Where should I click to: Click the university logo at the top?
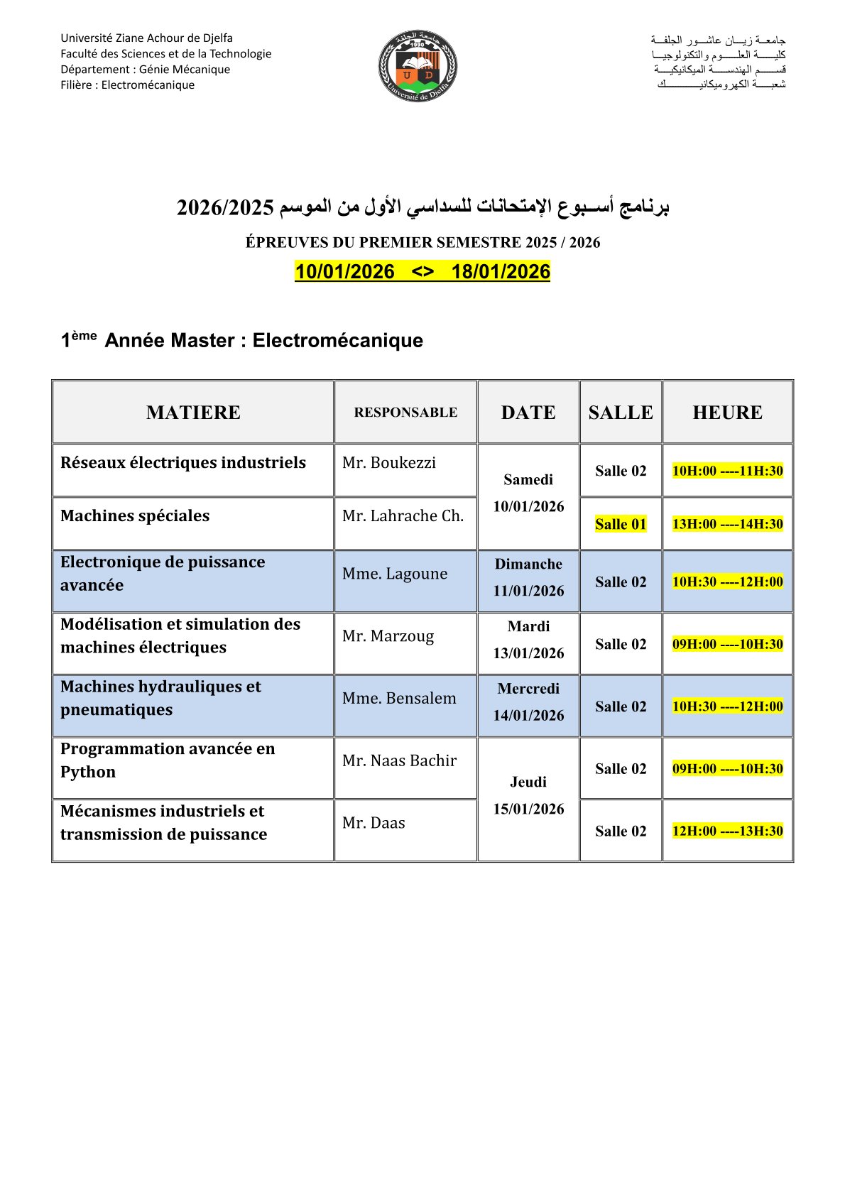coord(418,66)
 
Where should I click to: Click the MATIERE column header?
coord(193,413)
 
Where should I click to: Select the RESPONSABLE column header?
coord(405,413)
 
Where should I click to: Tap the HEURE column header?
coord(727,413)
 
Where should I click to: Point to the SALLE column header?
coord(621,413)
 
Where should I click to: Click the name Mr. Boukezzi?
coord(389,463)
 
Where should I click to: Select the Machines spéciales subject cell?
coord(135,516)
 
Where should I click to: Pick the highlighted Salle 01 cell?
coord(621,525)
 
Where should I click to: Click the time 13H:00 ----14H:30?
coord(727,525)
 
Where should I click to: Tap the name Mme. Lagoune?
coord(395,574)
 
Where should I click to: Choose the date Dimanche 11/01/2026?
coord(528,578)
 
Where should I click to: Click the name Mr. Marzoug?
coord(388,636)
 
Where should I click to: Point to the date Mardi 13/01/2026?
coord(528,640)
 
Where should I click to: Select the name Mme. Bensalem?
coord(399,699)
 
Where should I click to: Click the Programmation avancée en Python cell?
coord(168,760)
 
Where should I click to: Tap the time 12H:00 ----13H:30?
coord(727,831)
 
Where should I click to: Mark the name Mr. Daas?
coord(374,823)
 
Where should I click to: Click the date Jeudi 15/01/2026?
coord(528,796)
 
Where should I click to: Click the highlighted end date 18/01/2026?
coord(501,272)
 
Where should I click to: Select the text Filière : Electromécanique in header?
coord(128,85)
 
